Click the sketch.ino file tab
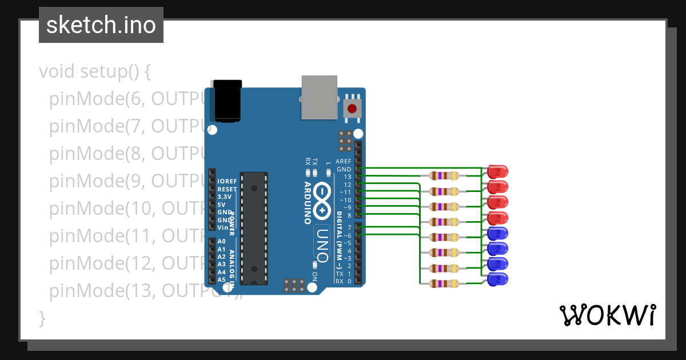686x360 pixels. click(101, 25)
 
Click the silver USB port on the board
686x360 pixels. click(320, 97)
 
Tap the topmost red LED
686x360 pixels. click(497, 171)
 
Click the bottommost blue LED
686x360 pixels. click(497, 279)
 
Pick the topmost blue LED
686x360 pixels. click(497, 233)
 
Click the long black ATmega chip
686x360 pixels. click(254, 227)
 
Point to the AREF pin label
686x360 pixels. click(344, 162)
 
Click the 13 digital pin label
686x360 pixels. click(348, 177)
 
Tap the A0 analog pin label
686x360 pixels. click(222, 241)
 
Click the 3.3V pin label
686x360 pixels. click(225, 197)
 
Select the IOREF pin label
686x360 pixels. click(227, 181)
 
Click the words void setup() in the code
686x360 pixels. click(94, 72)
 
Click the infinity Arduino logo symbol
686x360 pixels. click(322, 201)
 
